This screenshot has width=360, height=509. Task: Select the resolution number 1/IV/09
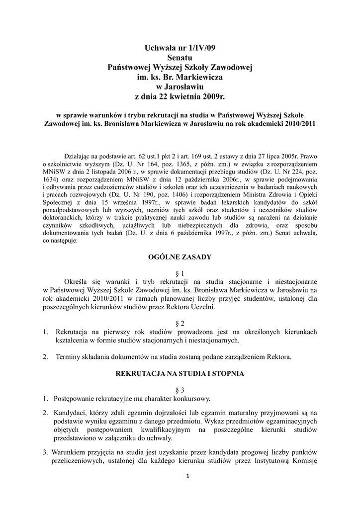tap(201, 48)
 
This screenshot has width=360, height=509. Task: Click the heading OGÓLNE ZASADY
tap(180, 257)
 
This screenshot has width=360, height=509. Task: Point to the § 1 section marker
tap(180, 273)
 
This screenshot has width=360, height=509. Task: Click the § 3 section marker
tap(180, 390)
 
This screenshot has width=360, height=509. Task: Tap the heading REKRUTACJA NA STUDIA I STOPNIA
tap(180, 373)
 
